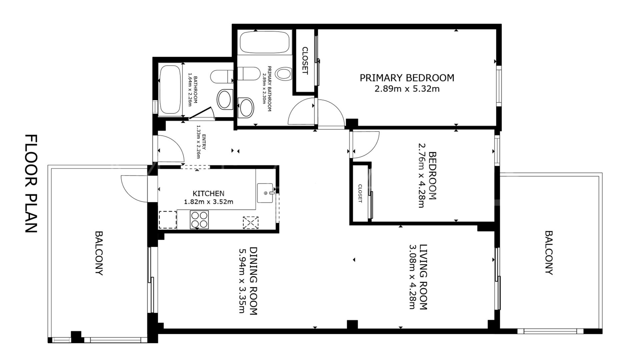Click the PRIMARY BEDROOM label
[x=407, y=78]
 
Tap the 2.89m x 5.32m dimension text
[x=407, y=89]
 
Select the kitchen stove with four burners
[x=199, y=220]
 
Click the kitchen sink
[x=265, y=193]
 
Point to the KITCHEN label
[x=208, y=193]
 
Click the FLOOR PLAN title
[x=32, y=183]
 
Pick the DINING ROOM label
[x=253, y=281]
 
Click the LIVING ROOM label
[x=423, y=277]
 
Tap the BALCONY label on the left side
[x=99, y=253]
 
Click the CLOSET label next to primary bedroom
[x=305, y=60]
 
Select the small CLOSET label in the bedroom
[x=360, y=193]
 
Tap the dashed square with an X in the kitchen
[x=251, y=222]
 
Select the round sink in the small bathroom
[x=225, y=99]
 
